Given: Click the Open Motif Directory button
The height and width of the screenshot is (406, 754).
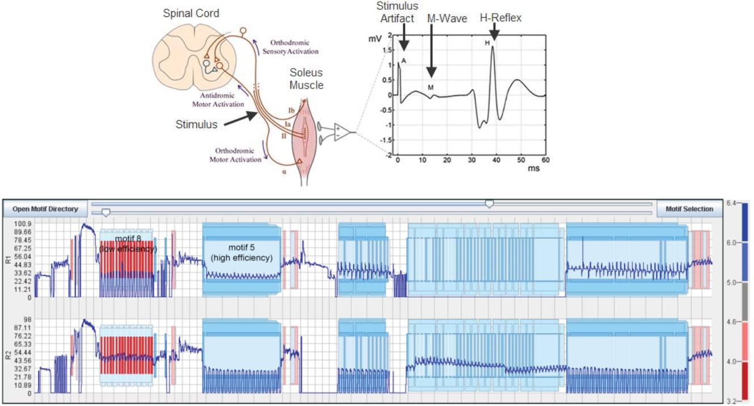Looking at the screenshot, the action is [45, 209].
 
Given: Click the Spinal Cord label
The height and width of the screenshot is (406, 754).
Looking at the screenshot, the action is [191, 14].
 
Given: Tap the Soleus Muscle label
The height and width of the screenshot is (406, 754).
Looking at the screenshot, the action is [306, 79].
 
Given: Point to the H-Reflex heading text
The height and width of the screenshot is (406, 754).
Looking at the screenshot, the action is [500, 18].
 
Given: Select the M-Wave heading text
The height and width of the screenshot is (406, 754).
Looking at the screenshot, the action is [447, 18].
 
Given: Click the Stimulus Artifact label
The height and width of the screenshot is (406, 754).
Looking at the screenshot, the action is [397, 12].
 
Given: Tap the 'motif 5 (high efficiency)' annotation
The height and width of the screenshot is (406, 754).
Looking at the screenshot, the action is [241, 252].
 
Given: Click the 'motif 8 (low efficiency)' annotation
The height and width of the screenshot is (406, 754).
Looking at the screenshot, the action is [128, 244].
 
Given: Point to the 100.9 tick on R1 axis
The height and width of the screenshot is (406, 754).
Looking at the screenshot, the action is [23, 223].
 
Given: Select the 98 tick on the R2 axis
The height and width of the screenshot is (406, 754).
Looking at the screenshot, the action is [27, 319].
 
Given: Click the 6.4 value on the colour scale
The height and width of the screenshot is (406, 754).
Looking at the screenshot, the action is [731, 203].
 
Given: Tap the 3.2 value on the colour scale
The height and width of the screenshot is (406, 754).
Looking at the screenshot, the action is [731, 401].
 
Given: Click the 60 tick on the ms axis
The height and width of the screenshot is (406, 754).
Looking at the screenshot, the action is [545, 160].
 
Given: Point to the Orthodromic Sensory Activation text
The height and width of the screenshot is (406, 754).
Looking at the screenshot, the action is [290, 47].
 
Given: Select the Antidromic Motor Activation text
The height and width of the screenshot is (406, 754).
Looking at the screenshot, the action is [218, 100].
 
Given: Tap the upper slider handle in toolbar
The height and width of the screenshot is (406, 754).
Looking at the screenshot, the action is [489, 204].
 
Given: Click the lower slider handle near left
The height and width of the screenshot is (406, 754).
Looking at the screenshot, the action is [106, 213].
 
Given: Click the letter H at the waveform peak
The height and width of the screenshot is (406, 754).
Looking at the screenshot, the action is [487, 43].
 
